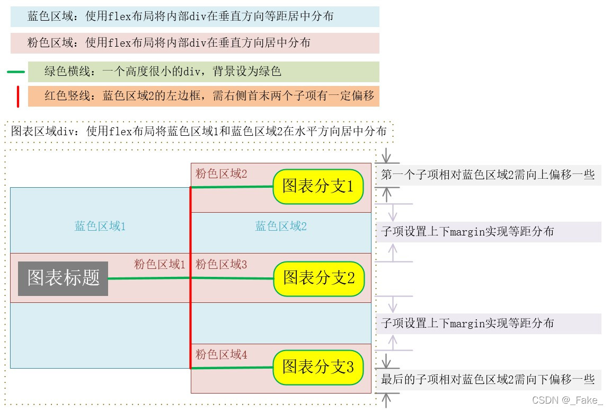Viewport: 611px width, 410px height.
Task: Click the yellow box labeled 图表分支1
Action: click(x=318, y=186)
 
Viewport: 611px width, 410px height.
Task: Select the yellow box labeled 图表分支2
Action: click(x=319, y=278)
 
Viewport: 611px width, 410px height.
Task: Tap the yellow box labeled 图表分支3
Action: click(x=318, y=367)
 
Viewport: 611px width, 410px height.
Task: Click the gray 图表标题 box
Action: click(x=64, y=278)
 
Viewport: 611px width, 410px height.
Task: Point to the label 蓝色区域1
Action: click(x=100, y=226)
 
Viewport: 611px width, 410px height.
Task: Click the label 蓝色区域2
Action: click(x=281, y=226)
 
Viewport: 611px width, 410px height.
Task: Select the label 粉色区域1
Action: click(x=160, y=264)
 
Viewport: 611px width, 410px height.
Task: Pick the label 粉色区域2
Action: click(x=222, y=173)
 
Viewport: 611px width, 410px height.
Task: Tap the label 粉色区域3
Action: click(x=222, y=264)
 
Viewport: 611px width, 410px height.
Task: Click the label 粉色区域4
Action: click(x=222, y=355)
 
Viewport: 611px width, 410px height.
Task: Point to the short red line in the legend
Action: click(x=18, y=96)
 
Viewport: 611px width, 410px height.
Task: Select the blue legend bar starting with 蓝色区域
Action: click(x=195, y=16)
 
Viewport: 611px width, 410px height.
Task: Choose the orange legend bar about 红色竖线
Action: click(x=203, y=96)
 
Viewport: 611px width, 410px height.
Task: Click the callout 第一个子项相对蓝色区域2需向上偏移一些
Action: click(x=488, y=175)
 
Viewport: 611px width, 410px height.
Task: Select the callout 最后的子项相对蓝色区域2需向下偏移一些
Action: click(x=488, y=379)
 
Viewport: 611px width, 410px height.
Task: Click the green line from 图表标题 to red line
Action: click(x=149, y=278)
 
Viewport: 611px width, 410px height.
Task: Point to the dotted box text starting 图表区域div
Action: click(x=199, y=132)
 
